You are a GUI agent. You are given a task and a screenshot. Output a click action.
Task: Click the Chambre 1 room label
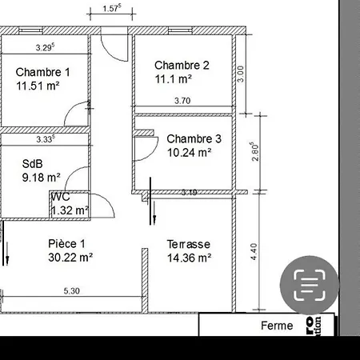coord(42,72)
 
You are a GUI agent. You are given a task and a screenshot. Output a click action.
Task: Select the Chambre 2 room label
coord(182,65)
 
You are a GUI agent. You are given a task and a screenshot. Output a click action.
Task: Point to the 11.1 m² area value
coord(174,79)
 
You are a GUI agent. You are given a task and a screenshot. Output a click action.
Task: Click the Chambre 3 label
coord(194,138)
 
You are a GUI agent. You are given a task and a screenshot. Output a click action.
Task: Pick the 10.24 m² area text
coord(189,151)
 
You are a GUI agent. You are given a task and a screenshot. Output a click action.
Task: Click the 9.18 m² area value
coord(42,177)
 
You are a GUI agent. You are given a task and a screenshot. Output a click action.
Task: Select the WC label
coord(61,197)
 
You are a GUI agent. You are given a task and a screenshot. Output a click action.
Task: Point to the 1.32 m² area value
coord(70,210)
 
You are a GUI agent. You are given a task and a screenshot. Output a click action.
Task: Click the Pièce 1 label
coord(66,243)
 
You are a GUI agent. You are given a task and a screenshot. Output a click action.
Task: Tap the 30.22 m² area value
coord(70,258)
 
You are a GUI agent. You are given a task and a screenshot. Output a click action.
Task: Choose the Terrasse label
coord(188,243)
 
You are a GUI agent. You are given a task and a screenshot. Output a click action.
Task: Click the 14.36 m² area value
coord(189,258)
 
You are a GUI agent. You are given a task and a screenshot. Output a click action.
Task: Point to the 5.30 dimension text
coord(72,291)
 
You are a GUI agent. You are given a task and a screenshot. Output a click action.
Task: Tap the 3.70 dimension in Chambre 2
coord(182,101)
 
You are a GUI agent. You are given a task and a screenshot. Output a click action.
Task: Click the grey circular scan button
coord(306,285)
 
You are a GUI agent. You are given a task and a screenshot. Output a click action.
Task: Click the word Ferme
coord(277,326)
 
